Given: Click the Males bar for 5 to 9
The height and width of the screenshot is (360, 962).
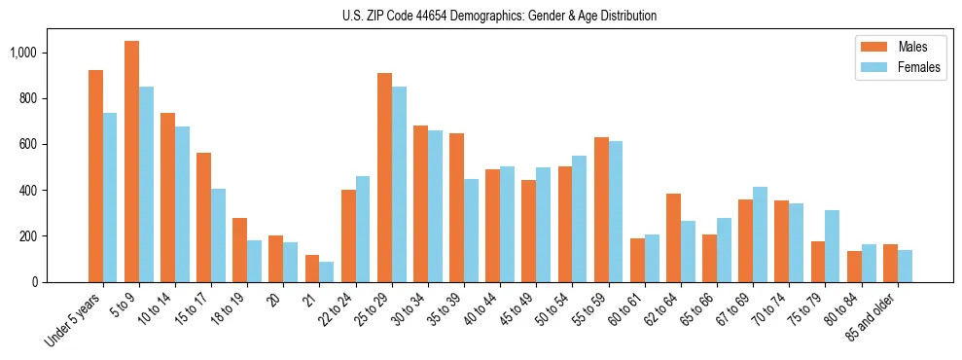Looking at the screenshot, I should (x=131, y=162).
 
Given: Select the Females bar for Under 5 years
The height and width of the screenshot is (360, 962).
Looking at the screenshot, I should (x=110, y=198).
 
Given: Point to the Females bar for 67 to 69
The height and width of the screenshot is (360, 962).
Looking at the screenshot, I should (x=760, y=234).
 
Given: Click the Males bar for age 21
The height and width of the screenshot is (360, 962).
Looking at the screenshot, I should (x=312, y=269).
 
